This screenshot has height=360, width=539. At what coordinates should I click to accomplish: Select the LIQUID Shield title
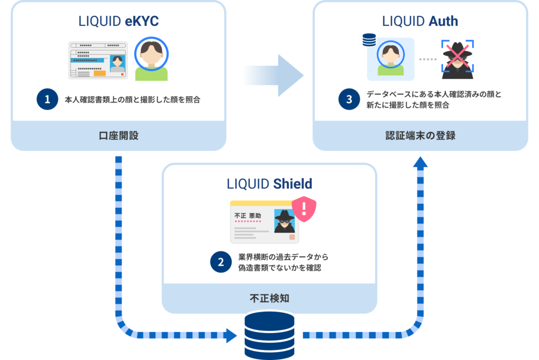pos(269,184)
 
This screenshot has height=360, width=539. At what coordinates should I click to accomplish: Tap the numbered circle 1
pos(47,99)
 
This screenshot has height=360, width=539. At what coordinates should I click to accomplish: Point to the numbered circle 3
pos(350,99)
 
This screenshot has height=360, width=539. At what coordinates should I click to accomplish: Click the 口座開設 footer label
pos(118,135)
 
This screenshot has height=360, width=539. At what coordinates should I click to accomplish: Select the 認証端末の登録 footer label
pos(420,135)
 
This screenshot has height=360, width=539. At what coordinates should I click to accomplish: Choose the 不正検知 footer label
pos(269,298)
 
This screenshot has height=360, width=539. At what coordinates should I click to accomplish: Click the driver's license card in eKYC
pos(98,61)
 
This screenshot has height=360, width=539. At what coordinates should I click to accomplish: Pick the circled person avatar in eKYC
pos(151,58)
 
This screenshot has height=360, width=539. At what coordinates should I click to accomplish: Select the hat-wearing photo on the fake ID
pos(284,221)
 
